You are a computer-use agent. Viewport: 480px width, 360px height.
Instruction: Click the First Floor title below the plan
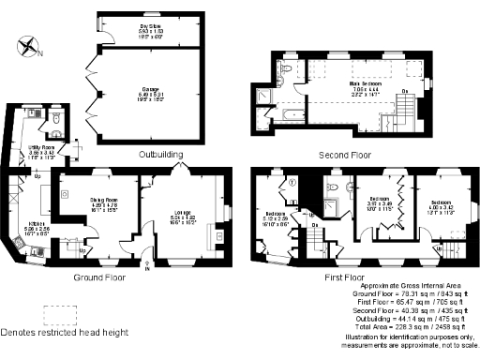point(348,277)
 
